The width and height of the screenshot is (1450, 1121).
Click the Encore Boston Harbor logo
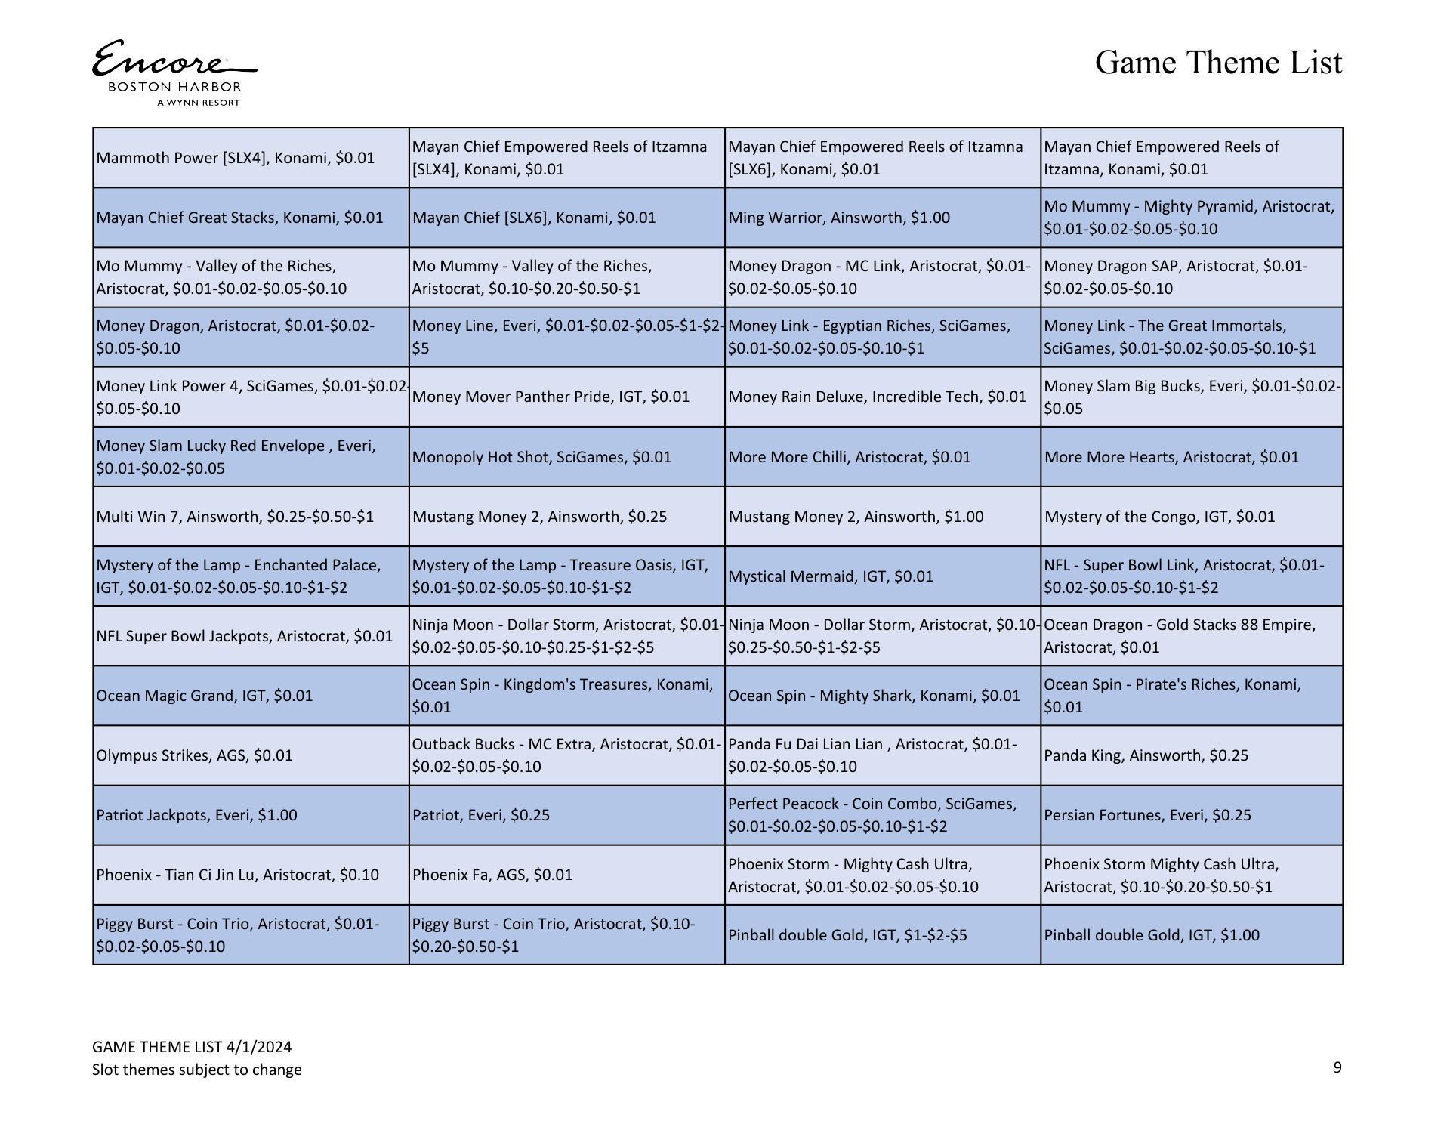(x=174, y=73)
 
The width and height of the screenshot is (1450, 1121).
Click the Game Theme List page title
(x=1218, y=63)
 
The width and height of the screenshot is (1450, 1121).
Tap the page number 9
(x=1337, y=1067)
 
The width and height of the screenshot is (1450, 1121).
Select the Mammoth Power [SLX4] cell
(x=236, y=158)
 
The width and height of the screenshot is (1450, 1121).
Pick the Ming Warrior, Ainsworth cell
(x=839, y=218)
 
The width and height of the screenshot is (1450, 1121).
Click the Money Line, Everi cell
(x=566, y=337)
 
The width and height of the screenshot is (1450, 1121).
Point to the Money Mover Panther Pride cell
(x=551, y=397)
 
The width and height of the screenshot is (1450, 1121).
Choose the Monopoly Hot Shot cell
(x=541, y=457)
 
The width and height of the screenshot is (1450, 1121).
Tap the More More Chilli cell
(x=849, y=457)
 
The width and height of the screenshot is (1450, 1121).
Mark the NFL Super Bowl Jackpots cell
(x=245, y=636)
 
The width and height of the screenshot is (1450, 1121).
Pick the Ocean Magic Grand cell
(x=205, y=696)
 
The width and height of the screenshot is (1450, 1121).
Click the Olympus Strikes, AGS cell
(x=195, y=755)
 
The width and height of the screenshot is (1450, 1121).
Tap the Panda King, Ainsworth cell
(x=1146, y=755)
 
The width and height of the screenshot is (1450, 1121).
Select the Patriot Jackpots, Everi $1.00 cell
(x=197, y=815)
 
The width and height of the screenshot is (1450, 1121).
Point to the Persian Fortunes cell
(x=1147, y=815)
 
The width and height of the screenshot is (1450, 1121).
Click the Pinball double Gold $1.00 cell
(x=1152, y=935)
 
